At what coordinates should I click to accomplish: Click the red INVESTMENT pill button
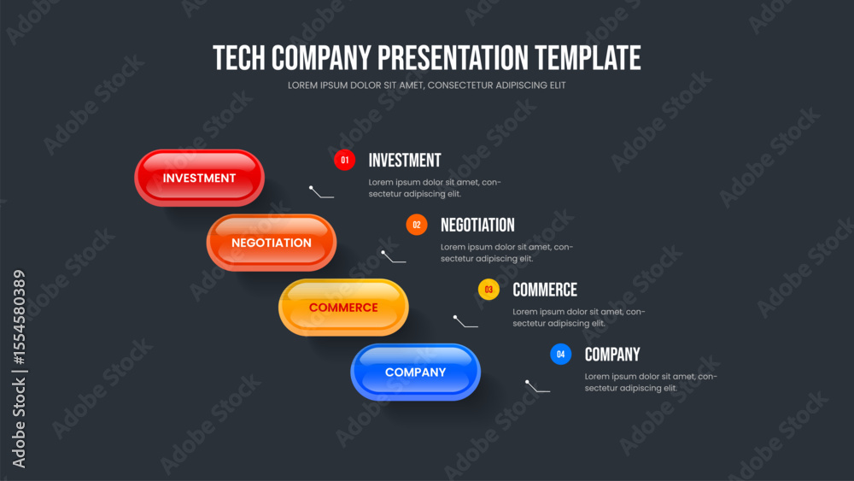[199, 178]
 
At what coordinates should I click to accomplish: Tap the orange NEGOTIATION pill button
[272, 243]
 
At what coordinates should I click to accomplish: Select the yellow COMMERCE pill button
[343, 308]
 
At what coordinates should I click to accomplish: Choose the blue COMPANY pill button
[416, 372]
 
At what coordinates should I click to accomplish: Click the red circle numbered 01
[344, 160]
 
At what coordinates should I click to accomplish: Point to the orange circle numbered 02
[417, 225]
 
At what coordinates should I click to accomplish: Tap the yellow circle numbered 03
[488, 290]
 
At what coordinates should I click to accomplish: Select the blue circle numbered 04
[560, 354]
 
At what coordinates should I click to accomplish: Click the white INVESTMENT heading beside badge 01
[405, 160]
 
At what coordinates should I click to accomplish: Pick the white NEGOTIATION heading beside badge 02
[477, 225]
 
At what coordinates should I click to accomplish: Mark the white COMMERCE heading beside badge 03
[545, 290]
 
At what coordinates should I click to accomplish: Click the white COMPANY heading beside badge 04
[612, 355]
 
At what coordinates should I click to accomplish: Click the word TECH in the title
[239, 58]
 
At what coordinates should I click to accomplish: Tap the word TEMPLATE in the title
[588, 58]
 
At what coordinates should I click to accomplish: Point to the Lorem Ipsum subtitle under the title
[426, 85]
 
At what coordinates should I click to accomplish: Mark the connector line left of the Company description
[537, 386]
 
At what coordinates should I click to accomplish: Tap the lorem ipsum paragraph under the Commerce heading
[578, 318]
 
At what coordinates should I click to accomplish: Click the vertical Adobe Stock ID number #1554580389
[19, 318]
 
